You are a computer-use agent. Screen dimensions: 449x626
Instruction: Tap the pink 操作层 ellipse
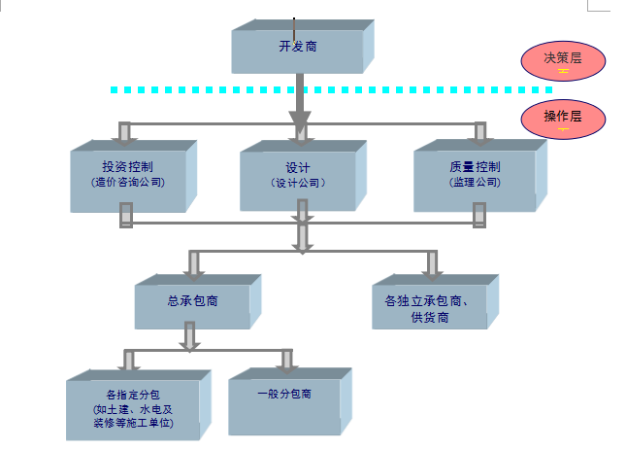(563, 119)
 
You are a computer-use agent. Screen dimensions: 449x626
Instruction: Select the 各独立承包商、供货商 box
(428, 307)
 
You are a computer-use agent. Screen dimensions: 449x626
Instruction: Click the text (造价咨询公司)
(127, 182)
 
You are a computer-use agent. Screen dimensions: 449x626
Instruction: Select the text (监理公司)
(475, 182)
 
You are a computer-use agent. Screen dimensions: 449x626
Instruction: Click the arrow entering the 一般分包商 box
(286, 362)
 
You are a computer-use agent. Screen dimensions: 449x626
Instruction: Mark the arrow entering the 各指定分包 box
(128, 362)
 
